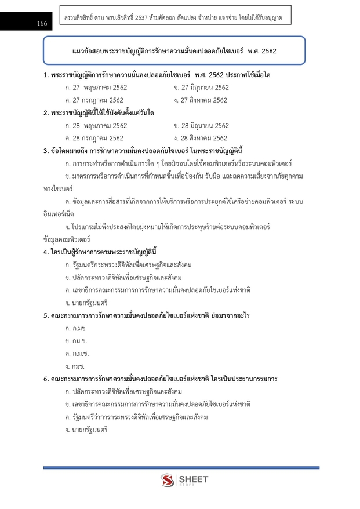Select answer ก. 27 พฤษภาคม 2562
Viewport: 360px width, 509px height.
pyautogui.click(x=96, y=88)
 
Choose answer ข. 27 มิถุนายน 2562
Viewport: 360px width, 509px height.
pyautogui.click(x=201, y=88)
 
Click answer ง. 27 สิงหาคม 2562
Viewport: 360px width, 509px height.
pyautogui.click(x=200, y=100)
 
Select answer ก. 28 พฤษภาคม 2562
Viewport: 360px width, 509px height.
pyautogui.click(x=96, y=125)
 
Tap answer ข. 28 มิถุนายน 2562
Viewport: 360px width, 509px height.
pyautogui.click(x=201, y=125)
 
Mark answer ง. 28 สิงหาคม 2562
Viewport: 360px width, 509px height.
pyautogui.click(x=200, y=138)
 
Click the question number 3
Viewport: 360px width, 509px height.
pyautogui.click(x=45, y=151)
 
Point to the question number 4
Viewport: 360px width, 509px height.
pyautogui.click(x=45, y=252)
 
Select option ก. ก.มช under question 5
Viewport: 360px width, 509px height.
pyautogui.click(x=76, y=328)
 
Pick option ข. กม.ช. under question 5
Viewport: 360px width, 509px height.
pyautogui.click(x=77, y=341)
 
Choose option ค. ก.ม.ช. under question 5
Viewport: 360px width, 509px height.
pyautogui.click(x=77, y=354)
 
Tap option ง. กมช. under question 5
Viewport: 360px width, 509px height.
pyautogui.click(x=75, y=366)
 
